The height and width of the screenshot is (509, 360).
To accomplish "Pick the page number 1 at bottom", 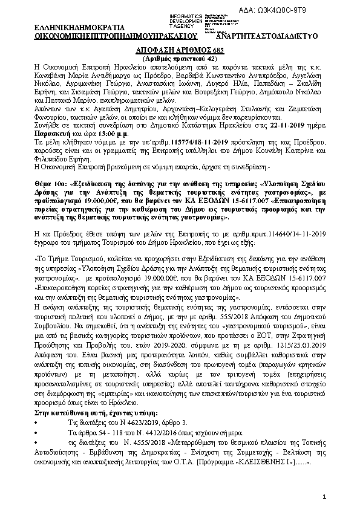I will pyautogui.click(x=325, y=496).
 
